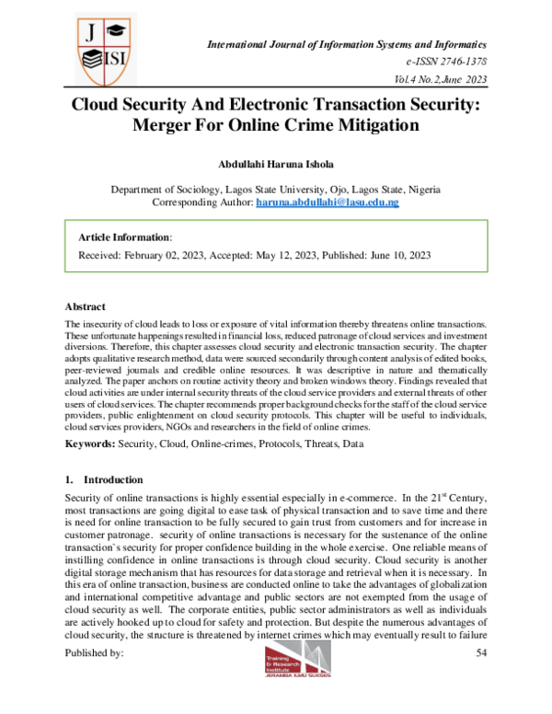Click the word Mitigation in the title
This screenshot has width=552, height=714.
[x=365, y=123]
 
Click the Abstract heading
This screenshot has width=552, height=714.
[x=85, y=305]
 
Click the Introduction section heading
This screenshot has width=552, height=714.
[x=112, y=480]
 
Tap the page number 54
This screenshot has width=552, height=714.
[x=480, y=652]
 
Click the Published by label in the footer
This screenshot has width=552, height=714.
[x=94, y=652]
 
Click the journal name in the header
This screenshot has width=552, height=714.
[x=347, y=44]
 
